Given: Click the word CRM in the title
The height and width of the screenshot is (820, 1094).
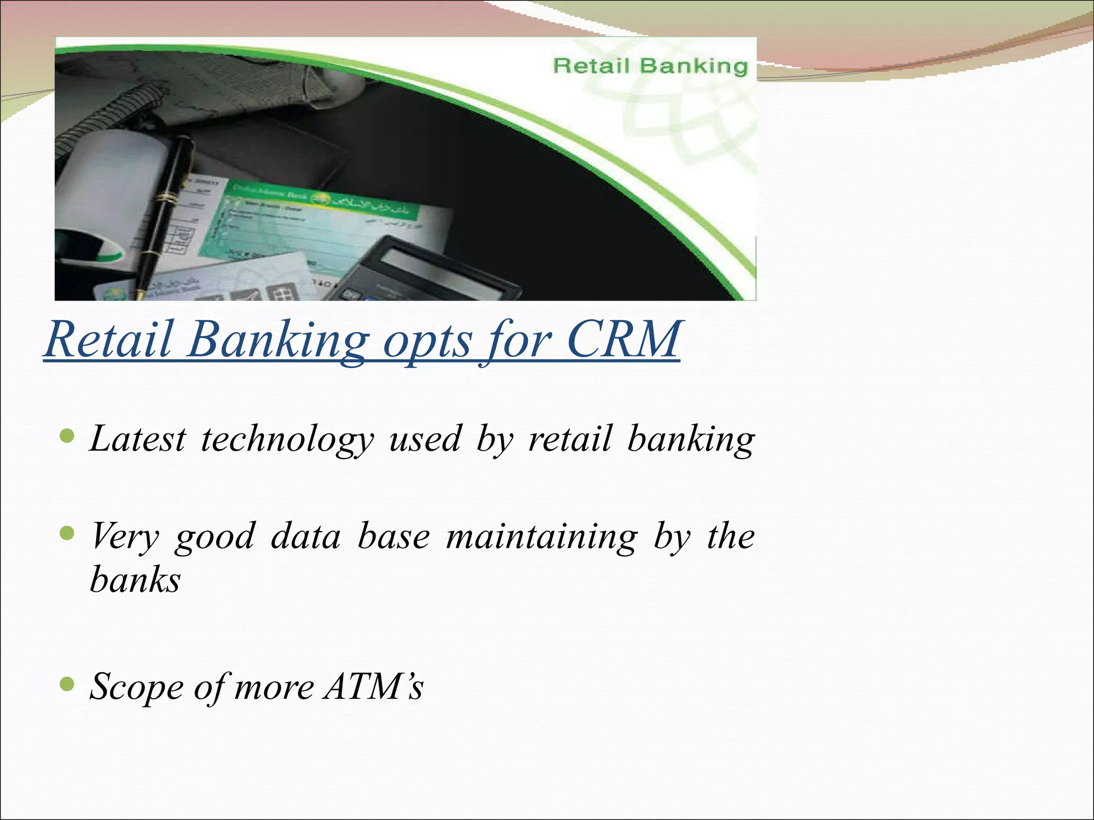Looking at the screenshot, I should (x=622, y=340).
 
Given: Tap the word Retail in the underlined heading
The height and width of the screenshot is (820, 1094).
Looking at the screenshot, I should (x=109, y=340).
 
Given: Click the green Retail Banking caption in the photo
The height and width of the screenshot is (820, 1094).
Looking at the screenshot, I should (x=650, y=66).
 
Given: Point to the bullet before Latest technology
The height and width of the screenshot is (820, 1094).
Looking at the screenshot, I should (x=67, y=437).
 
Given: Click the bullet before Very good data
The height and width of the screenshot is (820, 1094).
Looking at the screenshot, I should (x=67, y=533).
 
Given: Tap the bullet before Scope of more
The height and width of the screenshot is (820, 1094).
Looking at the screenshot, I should (x=67, y=684).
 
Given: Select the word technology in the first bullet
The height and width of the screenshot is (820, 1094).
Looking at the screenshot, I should (x=287, y=440).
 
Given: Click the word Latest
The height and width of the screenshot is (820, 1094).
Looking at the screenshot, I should (x=138, y=439).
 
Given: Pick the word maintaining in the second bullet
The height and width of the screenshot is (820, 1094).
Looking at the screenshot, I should (x=542, y=537).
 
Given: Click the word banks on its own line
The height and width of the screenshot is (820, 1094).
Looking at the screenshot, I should (x=136, y=580).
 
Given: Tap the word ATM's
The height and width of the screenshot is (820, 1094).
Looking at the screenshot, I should (x=373, y=687).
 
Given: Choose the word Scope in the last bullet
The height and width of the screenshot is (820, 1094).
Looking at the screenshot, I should (x=137, y=688).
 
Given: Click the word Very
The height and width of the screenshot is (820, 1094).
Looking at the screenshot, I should (x=125, y=537).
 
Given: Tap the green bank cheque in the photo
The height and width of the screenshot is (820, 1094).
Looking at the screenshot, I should (x=315, y=224).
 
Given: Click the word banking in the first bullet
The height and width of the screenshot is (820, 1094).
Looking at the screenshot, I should (x=691, y=440).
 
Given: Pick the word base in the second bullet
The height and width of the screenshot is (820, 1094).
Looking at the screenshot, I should (x=394, y=536).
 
